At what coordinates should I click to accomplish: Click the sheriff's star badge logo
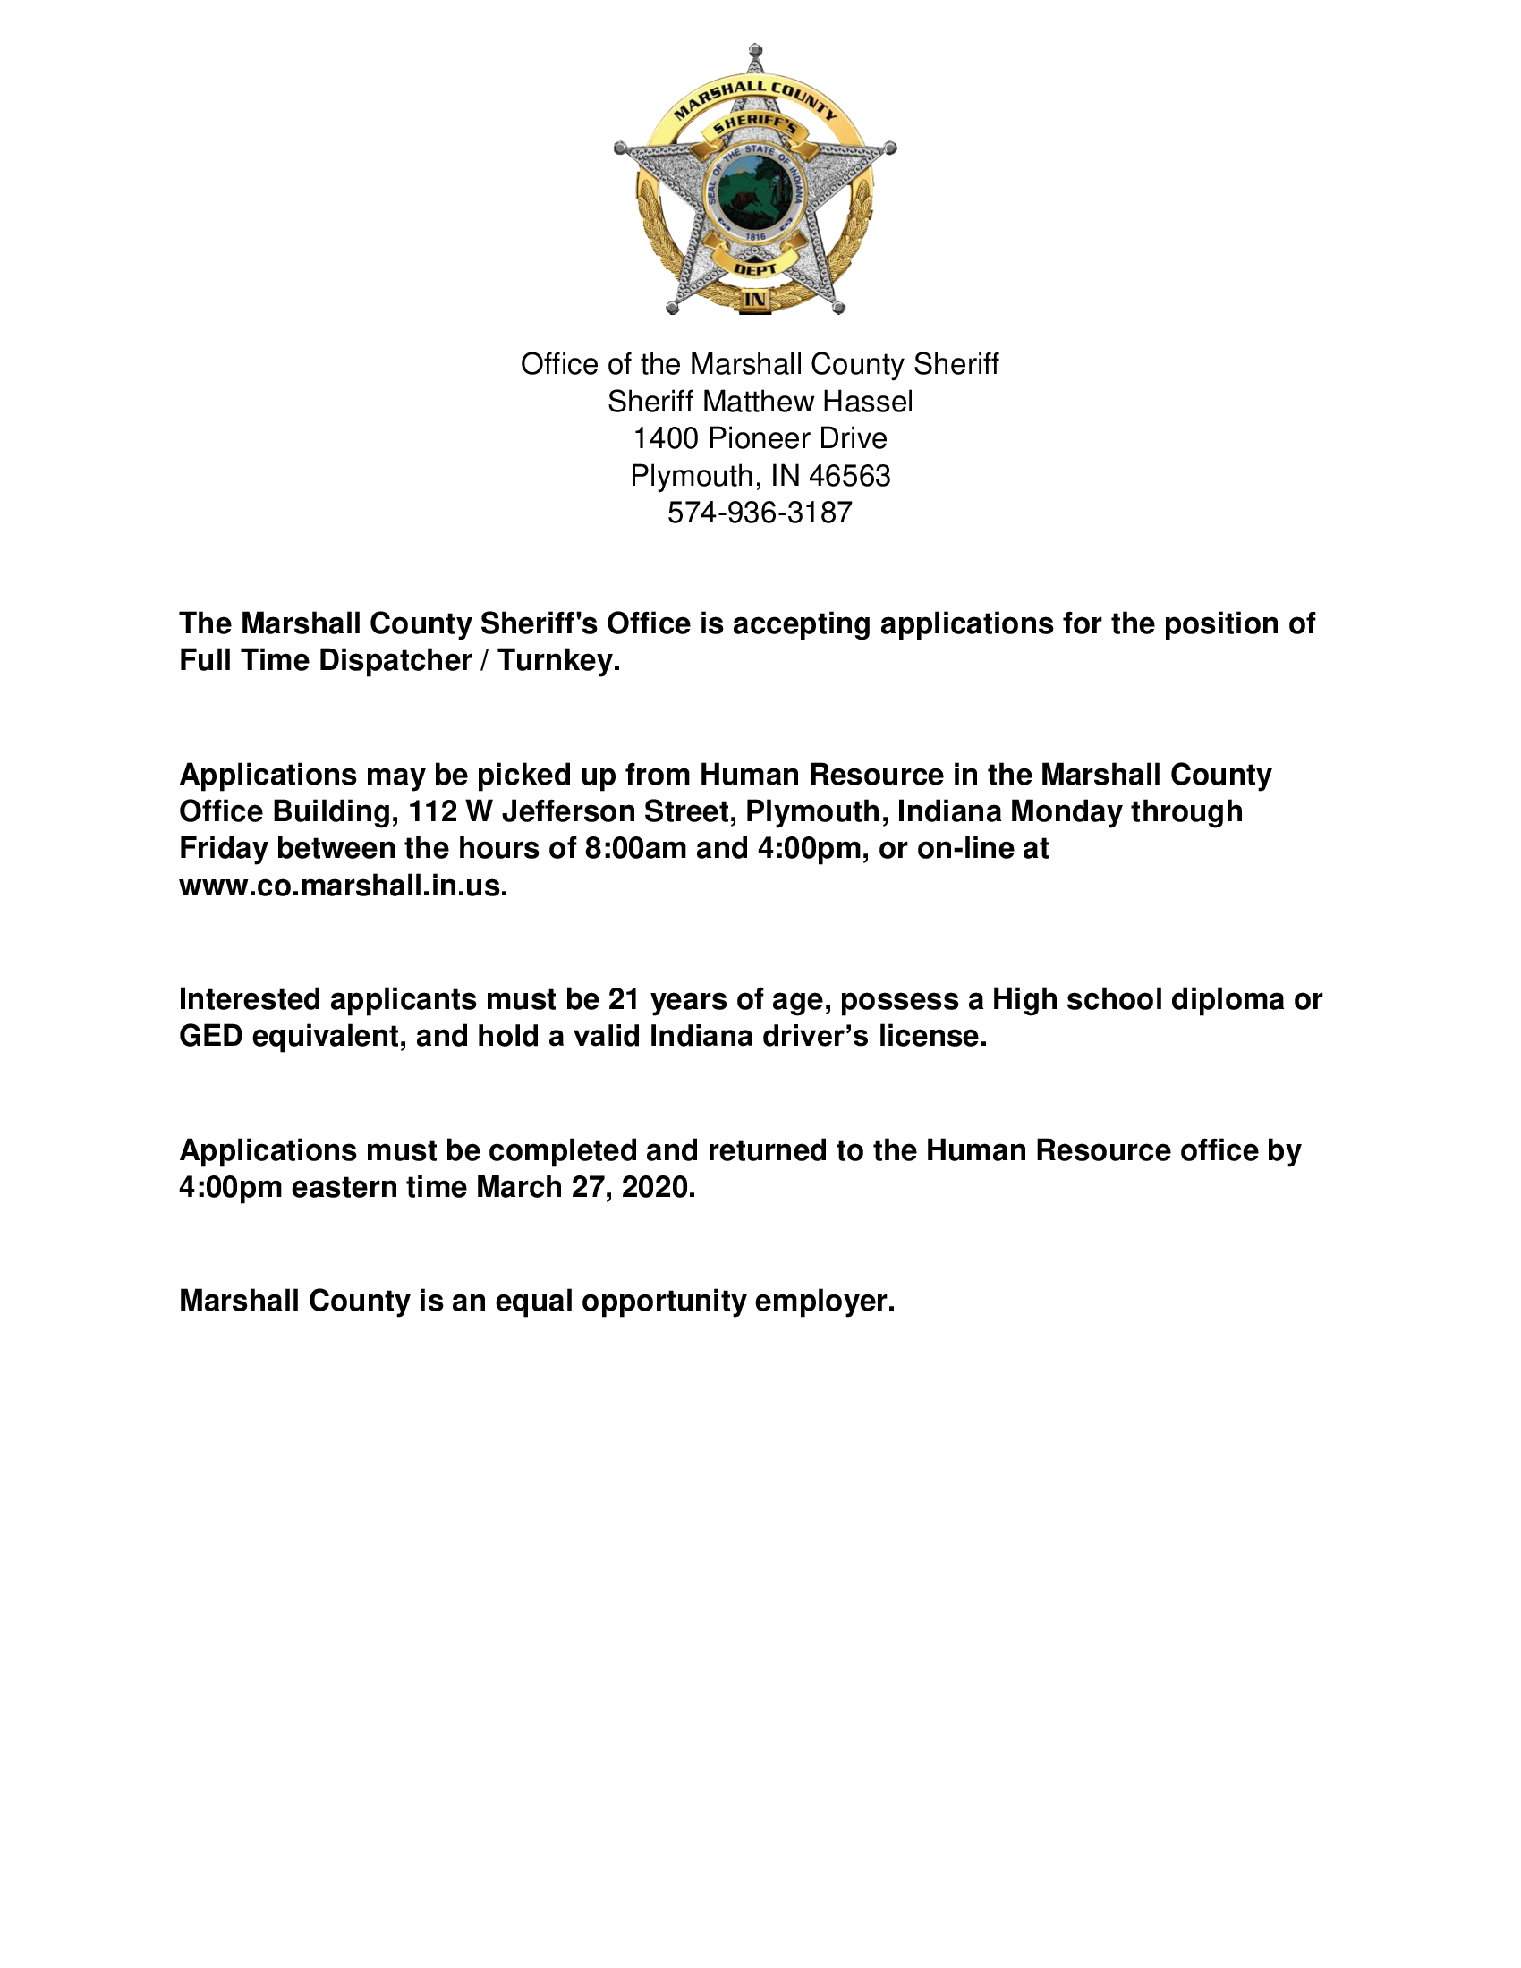tap(755, 180)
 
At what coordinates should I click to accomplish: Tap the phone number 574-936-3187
tap(760, 513)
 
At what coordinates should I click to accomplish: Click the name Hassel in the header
tap(874, 401)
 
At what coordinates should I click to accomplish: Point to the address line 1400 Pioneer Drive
tap(760, 438)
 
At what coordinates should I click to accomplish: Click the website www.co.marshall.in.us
tap(344, 886)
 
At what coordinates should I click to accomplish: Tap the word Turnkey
tap(558, 660)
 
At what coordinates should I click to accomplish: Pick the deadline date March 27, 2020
tap(586, 1188)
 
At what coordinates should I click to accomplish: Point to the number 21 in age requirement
tap(625, 999)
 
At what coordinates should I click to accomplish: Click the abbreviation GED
tap(211, 1036)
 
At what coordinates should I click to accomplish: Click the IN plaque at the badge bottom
tap(754, 300)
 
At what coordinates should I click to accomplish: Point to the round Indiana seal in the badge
tap(755, 195)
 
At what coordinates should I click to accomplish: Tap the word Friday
tap(224, 849)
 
